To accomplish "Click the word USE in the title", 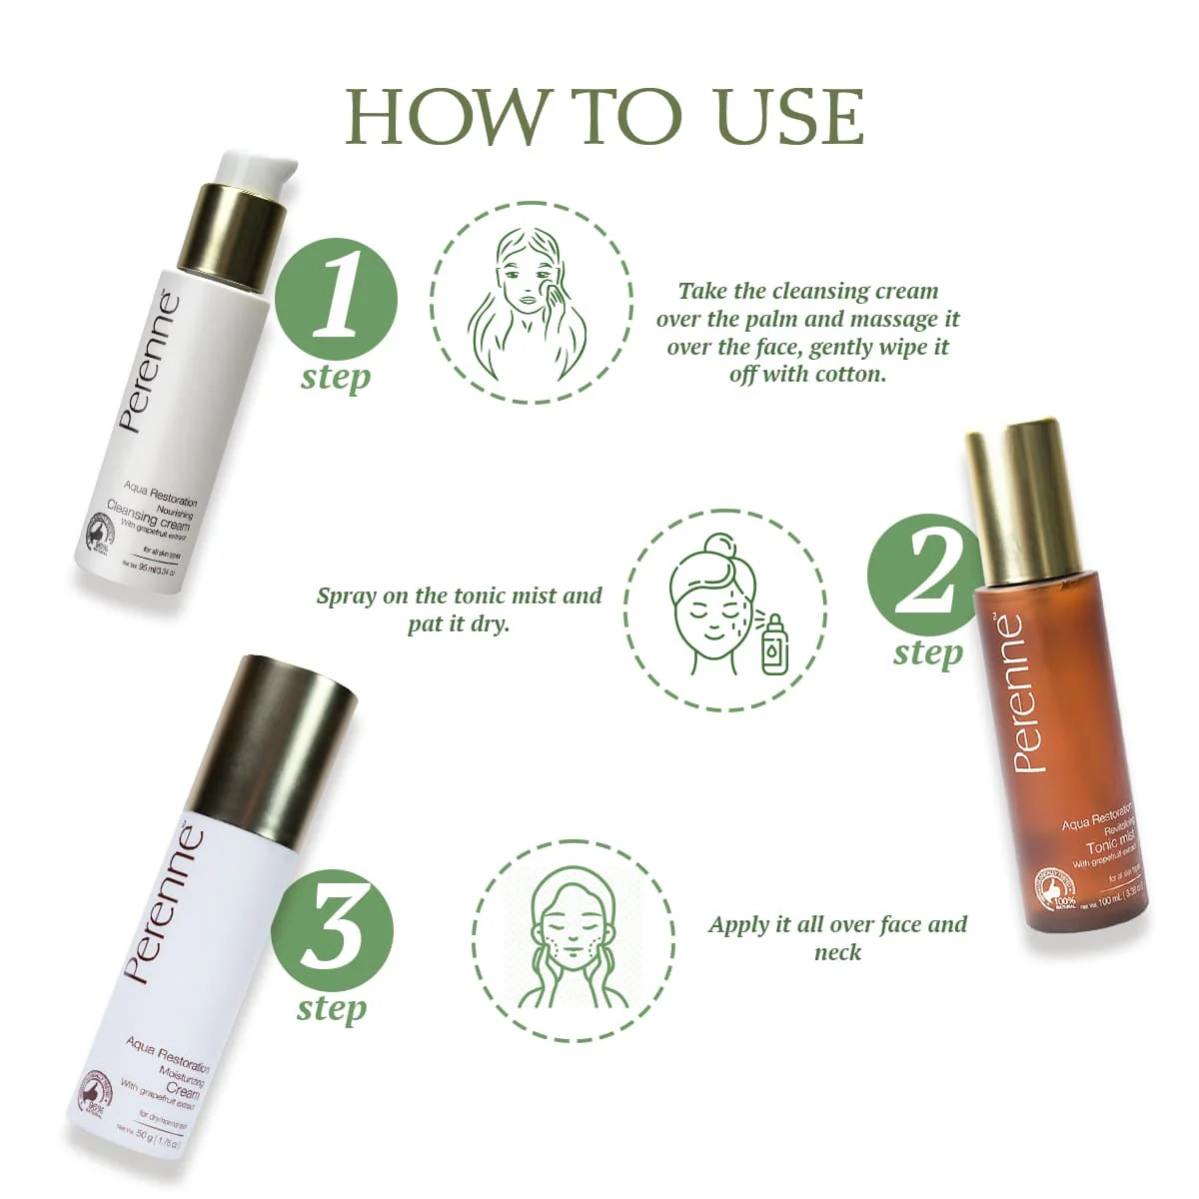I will pos(789,117).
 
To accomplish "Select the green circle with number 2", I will pos(925,578).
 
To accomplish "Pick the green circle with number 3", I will pos(332,931).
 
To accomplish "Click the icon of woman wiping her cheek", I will pos(532,302).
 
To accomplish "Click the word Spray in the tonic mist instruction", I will pos(348,597).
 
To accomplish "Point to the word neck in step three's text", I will pos(837,952).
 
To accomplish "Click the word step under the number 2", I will pos(927,652).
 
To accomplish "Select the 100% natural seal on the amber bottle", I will pos(1061,893).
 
